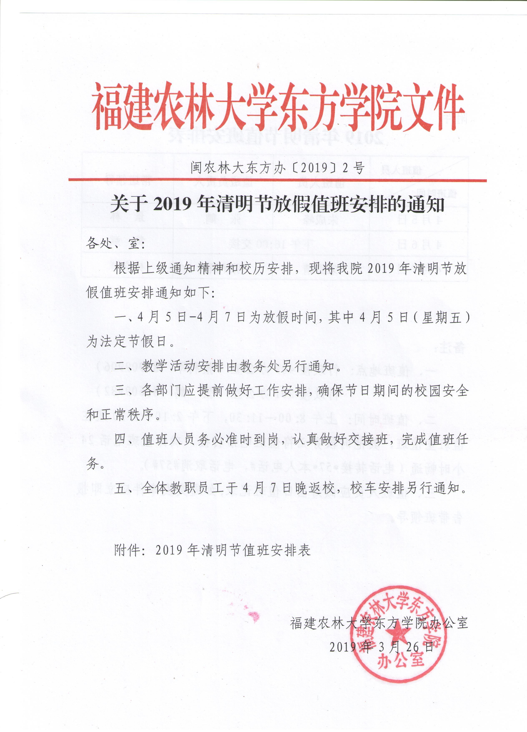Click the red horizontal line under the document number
(277, 180)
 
